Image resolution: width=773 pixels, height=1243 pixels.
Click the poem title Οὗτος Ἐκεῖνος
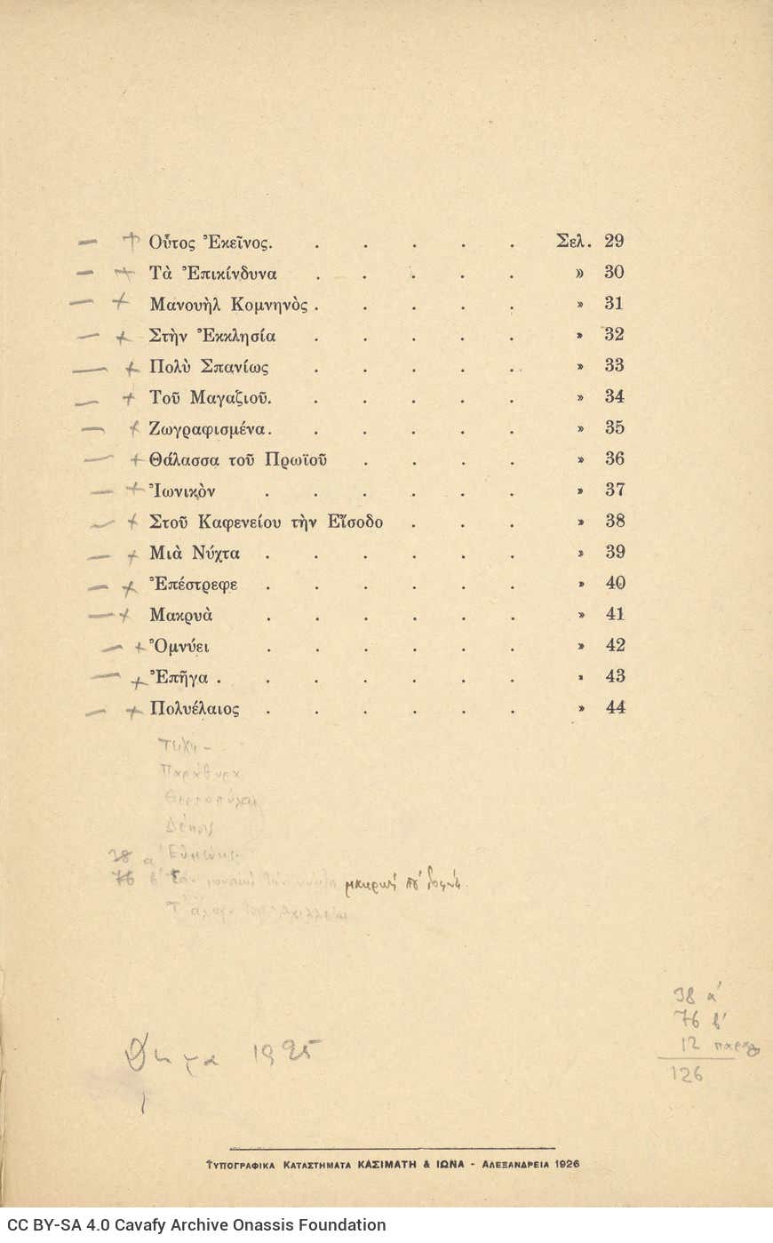(211, 243)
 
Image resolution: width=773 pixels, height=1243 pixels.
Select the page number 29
(614, 241)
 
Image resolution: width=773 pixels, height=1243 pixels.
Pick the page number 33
(614, 365)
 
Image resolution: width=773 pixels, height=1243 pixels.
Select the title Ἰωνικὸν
(182, 491)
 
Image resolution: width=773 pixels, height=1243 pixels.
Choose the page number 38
(615, 521)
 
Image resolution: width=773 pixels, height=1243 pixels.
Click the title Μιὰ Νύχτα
(195, 554)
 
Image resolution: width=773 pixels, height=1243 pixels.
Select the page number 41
(615, 614)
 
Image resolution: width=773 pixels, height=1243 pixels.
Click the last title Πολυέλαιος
(195, 709)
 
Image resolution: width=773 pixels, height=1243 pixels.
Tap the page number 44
(615, 707)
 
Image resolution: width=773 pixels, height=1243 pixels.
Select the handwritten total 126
(687, 1074)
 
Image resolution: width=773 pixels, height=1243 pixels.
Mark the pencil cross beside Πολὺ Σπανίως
(132, 367)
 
